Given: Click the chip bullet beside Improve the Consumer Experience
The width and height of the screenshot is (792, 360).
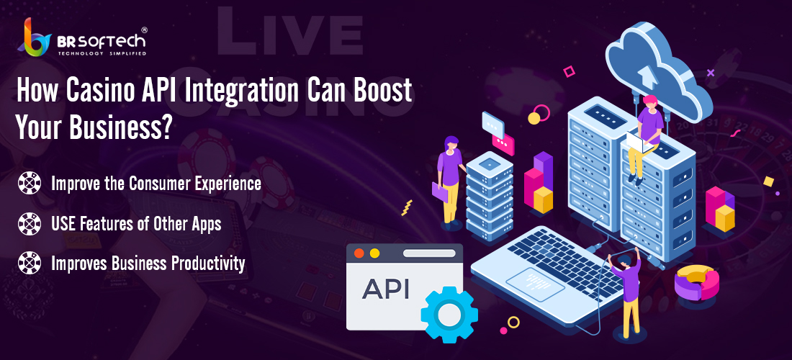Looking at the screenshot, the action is coord(30,184).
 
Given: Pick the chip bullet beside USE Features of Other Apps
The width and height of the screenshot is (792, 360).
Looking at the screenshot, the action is coord(30,224).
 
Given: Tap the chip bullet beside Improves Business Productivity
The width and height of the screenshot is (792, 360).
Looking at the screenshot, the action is coord(30,263).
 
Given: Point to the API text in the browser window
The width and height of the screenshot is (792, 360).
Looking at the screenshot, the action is coord(386,289).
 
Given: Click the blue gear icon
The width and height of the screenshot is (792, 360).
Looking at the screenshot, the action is coord(449,315).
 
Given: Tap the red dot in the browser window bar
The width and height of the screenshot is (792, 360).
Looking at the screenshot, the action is coord(359,253).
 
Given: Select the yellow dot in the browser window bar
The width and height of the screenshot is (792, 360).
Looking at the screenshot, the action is coord(374,253).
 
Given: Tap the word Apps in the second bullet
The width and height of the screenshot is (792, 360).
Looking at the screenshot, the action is coord(206,224).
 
